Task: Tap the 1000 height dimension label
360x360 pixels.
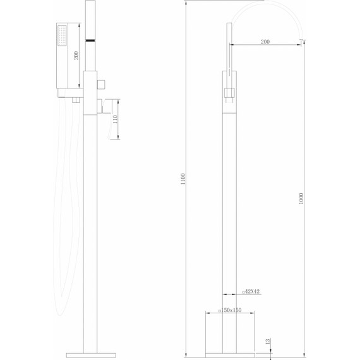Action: tap(301, 198)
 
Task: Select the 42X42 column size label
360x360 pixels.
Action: tap(252, 292)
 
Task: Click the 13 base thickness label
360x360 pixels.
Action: tap(267, 342)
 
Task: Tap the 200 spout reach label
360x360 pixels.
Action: tap(265, 42)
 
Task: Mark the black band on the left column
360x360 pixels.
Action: tap(89, 41)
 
